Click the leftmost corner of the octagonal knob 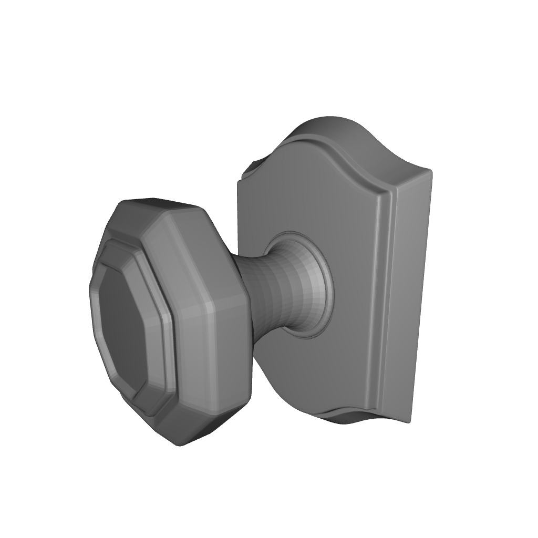pos(90,294)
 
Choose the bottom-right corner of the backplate pos(407,420)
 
